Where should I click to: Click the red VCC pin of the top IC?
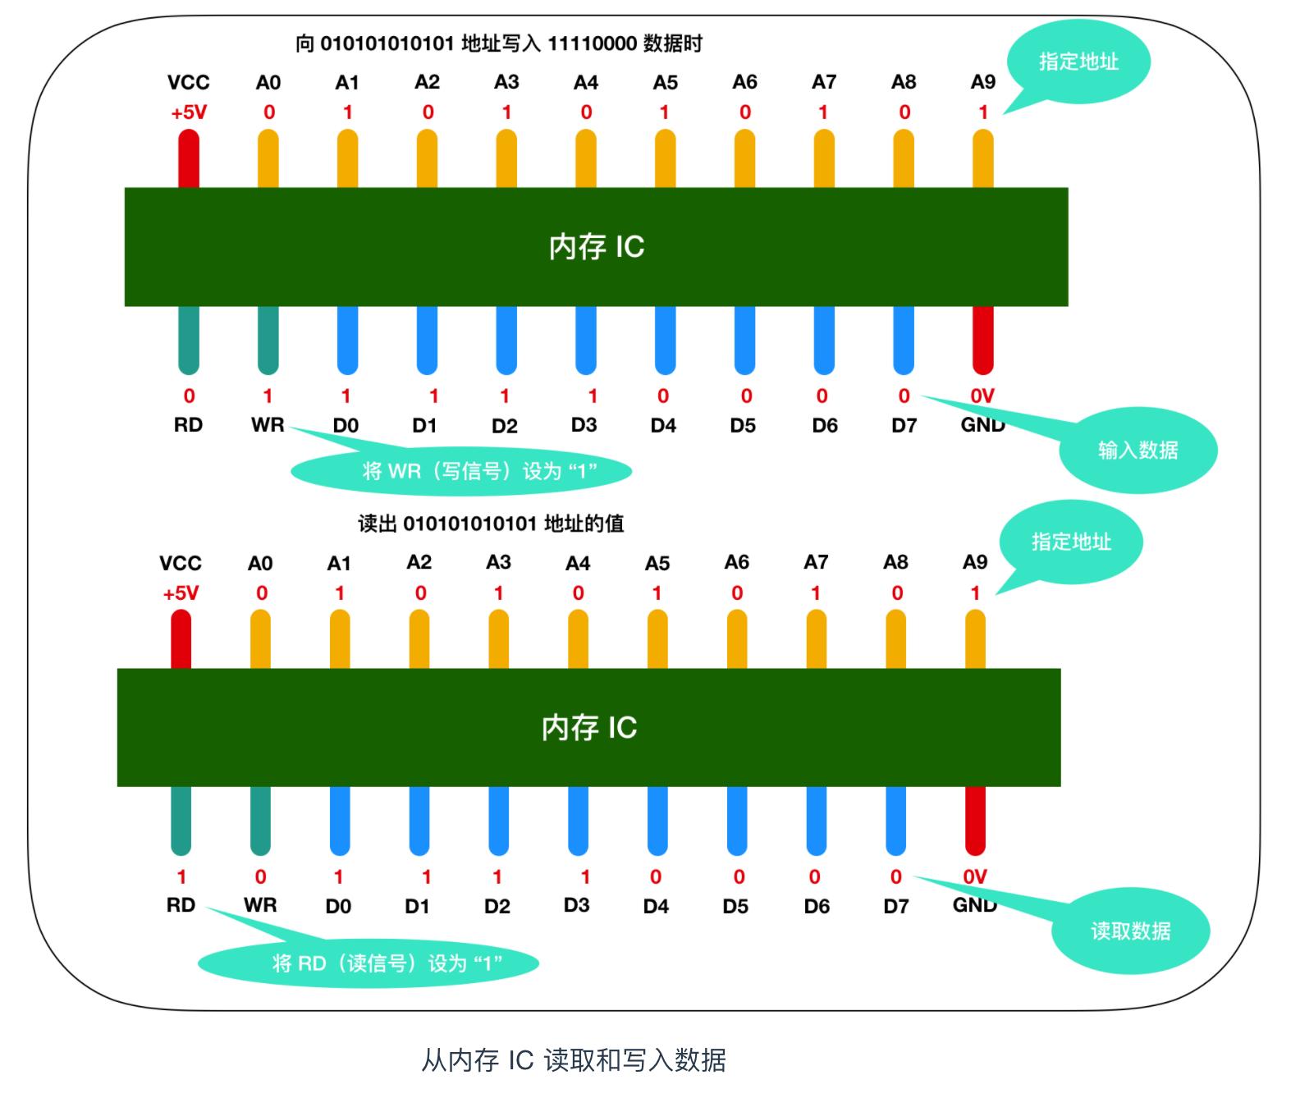[x=189, y=160]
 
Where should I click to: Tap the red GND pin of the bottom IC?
[x=975, y=820]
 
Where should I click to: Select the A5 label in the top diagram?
[x=666, y=83]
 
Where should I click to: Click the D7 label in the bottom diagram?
[x=896, y=906]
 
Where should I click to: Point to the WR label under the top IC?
[x=268, y=425]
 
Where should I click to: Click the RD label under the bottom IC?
[x=181, y=905]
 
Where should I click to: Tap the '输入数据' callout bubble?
[x=1137, y=450]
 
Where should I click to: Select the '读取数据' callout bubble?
[x=1130, y=931]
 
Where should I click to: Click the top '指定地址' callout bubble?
[x=1078, y=62]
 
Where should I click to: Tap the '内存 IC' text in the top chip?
[x=597, y=247]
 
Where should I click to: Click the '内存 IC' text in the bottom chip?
[x=589, y=727]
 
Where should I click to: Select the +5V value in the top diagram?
[x=189, y=112]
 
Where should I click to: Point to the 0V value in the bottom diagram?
[x=975, y=876]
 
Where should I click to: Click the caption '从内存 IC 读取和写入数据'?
[x=574, y=1059]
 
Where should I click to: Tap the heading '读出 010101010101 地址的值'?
[x=491, y=524]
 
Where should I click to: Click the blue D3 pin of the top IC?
[x=585, y=339]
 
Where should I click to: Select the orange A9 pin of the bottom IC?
[x=975, y=640]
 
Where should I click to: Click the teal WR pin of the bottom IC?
[x=260, y=820]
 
